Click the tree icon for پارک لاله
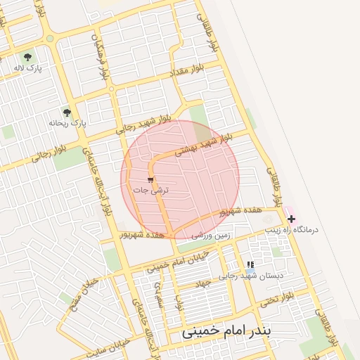pyautogui.click(x=27, y=57)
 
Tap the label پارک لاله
pyautogui.click(x=27, y=68)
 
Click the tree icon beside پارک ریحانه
pyautogui.click(x=67, y=112)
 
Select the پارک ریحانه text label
pyautogui.click(x=67, y=122)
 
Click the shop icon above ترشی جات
pyautogui.click(x=150, y=180)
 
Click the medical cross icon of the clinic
pyautogui.click(x=292, y=219)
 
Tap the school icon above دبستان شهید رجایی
pyautogui.click(x=251, y=265)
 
